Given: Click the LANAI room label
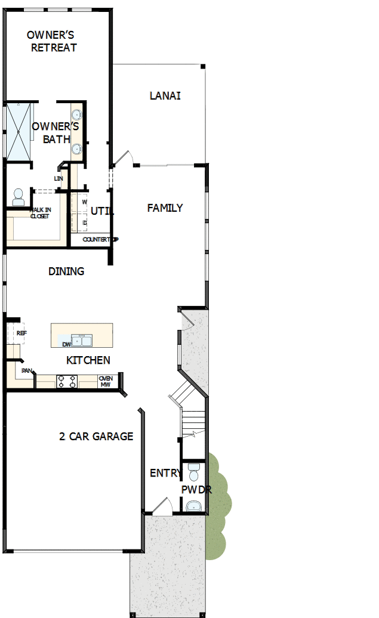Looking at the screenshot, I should click(165, 95).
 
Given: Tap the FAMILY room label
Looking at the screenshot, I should click(165, 208).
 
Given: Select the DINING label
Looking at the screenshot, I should click(66, 271).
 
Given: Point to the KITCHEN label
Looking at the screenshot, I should click(88, 360).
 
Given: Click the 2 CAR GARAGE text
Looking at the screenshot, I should click(96, 436).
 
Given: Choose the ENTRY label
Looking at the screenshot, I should click(165, 473).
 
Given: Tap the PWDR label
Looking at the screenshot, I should click(196, 490).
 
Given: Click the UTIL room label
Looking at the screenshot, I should click(102, 211).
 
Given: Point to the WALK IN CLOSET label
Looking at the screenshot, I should click(40, 213).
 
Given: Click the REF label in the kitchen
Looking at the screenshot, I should click(22, 333).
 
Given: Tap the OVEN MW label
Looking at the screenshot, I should click(106, 381).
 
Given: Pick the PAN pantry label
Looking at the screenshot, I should click(26, 370).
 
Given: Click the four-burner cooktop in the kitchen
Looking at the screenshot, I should click(67, 381).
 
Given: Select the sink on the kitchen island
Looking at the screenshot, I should click(82, 341).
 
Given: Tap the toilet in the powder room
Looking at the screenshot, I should click(193, 473).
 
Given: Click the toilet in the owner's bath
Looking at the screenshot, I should click(18, 196).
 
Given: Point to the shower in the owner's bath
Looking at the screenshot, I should click(17, 131).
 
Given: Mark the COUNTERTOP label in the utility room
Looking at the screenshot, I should click(100, 239).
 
